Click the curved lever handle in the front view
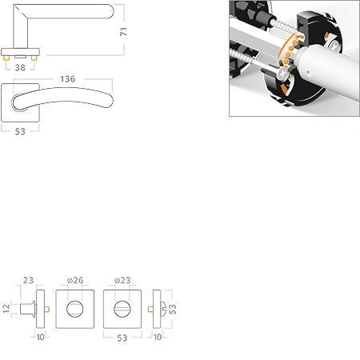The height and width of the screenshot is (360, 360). click(x=72, y=100)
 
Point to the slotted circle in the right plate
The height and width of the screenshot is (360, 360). click(x=121, y=308)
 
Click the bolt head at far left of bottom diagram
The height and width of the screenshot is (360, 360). click(x=26, y=308)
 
